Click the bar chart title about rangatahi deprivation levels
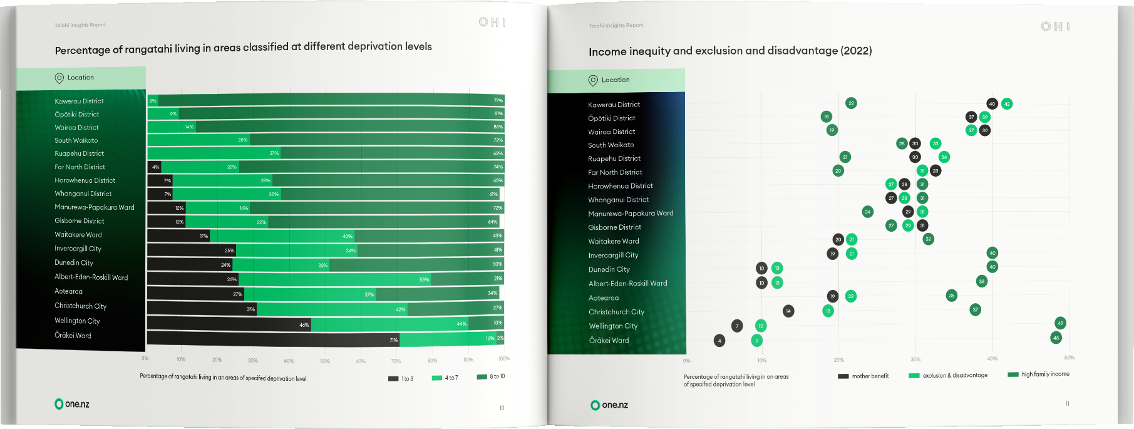point(243,48)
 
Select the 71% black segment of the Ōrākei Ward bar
point(273,339)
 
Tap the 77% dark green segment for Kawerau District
point(331,100)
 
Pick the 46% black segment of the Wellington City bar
point(229,324)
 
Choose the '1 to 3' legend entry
point(401,378)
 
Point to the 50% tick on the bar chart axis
point(325,361)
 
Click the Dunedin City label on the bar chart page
point(74,262)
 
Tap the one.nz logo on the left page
point(72,404)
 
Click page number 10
point(502,408)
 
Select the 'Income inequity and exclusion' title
point(730,51)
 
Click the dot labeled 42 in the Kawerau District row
point(1007,104)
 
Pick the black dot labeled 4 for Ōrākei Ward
point(719,341)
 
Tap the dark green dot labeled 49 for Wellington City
point(1060,323)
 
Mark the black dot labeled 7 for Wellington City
point(737,326)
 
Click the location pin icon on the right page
point(593,80)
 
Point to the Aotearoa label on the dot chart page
point(604,298)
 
